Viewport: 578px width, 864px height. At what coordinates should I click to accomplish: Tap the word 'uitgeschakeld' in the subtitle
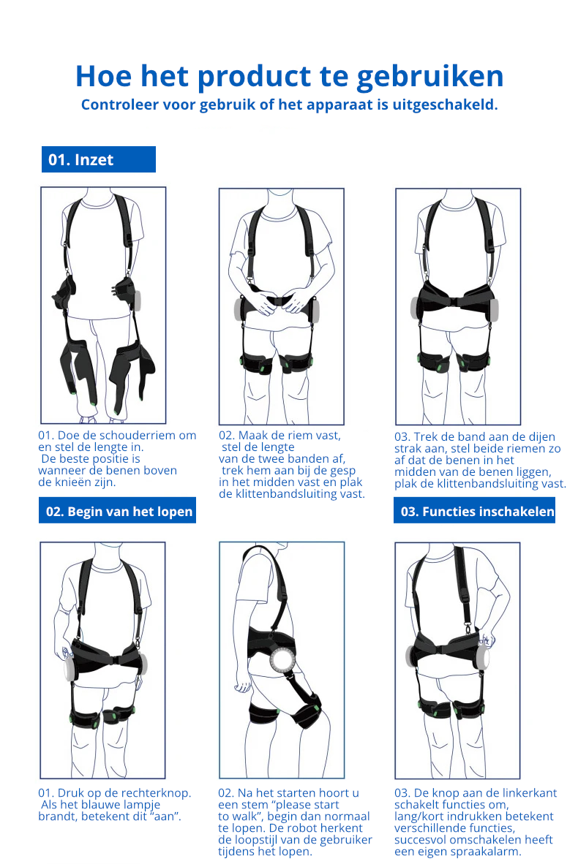coord(443,105)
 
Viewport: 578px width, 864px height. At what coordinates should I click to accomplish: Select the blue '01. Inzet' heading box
coord(99,159)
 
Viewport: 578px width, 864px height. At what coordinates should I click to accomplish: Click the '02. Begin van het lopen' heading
coord(118,511)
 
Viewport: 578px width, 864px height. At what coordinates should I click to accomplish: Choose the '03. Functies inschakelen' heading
coord(474,511)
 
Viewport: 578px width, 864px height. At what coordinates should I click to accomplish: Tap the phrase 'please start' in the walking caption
coord(308,805)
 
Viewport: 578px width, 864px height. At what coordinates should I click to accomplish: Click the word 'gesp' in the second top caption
coord(343,471)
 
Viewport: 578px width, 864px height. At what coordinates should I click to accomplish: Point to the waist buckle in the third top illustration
coord(455,301)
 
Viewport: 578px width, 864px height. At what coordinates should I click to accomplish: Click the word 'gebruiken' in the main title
coord(430,77)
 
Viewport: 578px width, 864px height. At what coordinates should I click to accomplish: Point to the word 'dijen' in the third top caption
coord(541,437)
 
